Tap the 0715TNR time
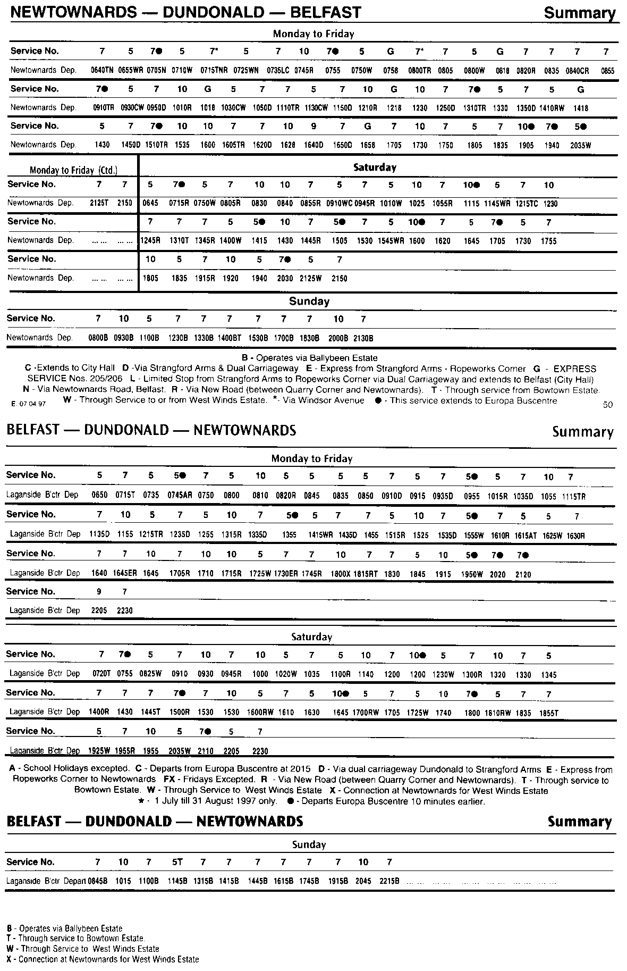point(214,70)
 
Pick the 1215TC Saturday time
point(527,203)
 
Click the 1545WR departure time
point(391,241)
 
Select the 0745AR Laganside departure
point(180,495)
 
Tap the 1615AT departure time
point(526,535)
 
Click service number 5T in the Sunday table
point(177,862)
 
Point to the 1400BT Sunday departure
point(229,338)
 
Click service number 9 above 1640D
point(313,127)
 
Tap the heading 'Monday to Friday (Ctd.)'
point(73,170)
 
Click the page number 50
point(608,405)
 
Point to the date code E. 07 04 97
point(29,404)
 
